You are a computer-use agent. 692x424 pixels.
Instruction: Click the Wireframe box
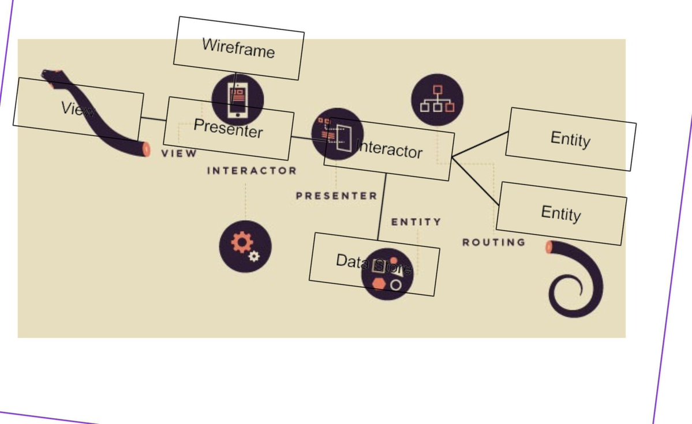(239, 48)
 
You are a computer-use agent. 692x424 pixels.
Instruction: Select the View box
(78, 108)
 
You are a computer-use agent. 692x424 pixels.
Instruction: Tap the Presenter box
(229, 128)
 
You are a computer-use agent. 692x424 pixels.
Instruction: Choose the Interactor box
(389, 149)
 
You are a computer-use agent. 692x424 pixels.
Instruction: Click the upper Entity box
(570, 139)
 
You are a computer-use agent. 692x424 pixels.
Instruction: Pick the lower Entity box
(561, 213)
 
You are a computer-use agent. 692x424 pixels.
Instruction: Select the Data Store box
(374, 264)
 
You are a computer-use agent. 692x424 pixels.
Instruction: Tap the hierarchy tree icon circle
(437, 99)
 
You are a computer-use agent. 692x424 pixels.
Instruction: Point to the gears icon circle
(245, 245)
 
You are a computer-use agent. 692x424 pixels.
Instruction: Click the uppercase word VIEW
(179, 153)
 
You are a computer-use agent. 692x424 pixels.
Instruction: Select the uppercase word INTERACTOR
(252, 171)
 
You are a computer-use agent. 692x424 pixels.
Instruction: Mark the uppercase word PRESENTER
(336, 196)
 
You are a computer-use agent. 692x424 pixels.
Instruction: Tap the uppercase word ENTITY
(416, 222)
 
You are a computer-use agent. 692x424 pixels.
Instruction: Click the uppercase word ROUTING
(494, 242)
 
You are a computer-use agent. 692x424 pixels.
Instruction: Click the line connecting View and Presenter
(154, 120)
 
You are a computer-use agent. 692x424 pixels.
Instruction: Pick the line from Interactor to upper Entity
(480, 144)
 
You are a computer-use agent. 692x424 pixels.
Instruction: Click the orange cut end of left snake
(146, 149)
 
